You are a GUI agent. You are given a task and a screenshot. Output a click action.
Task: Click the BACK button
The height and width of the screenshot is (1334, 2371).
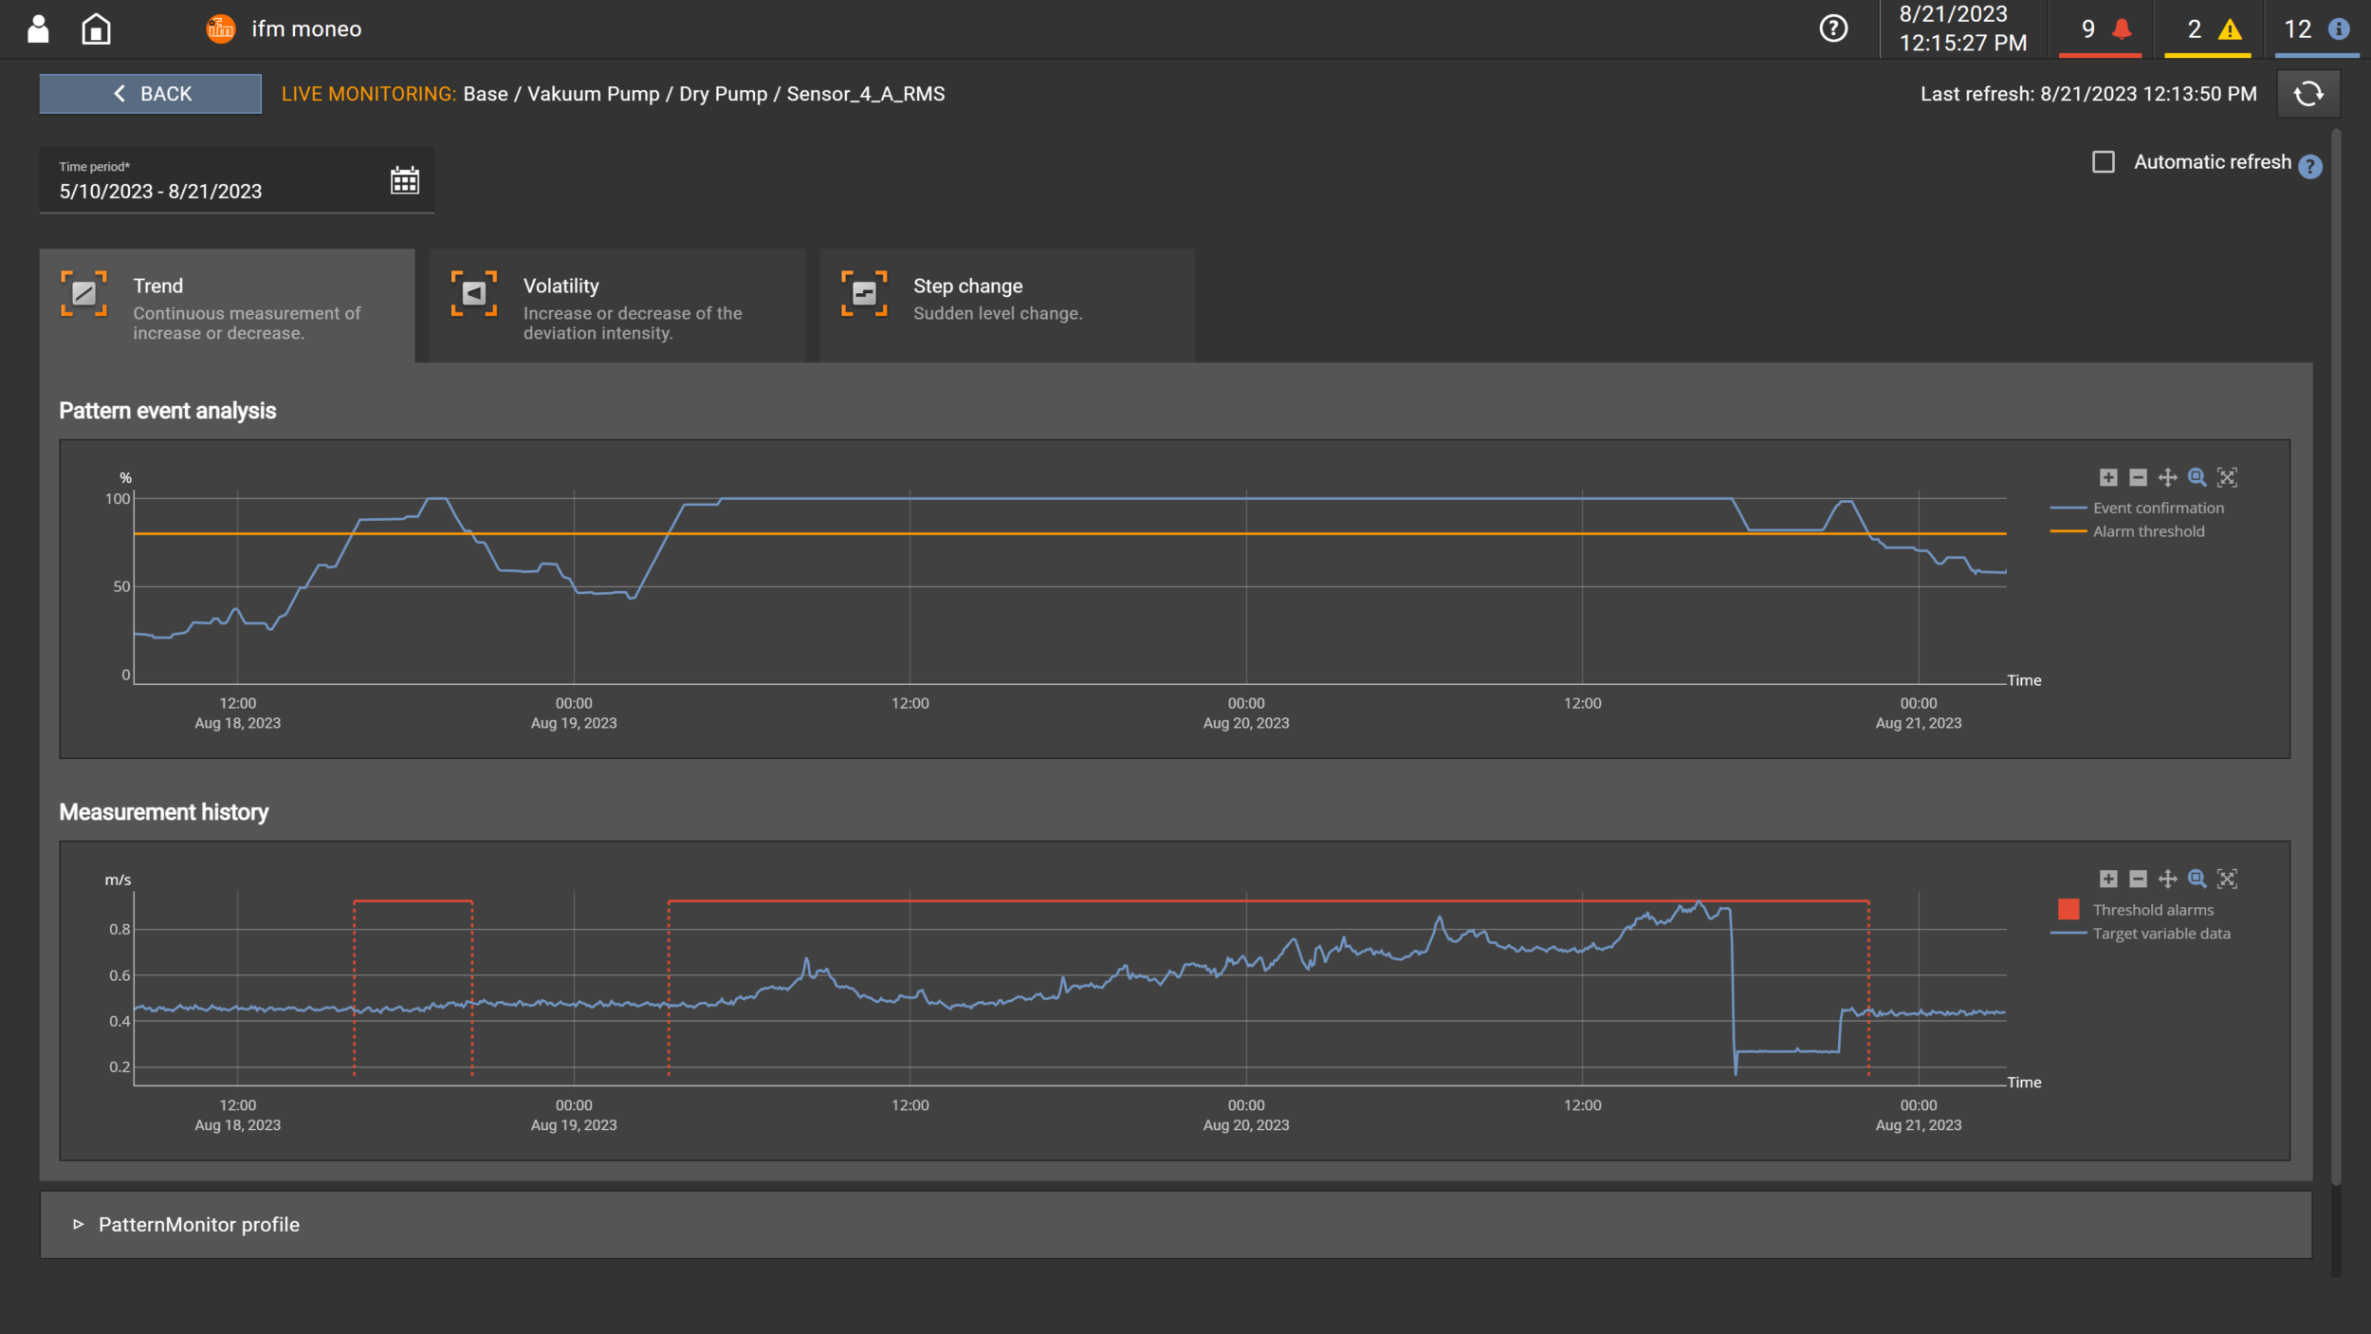(150, 94)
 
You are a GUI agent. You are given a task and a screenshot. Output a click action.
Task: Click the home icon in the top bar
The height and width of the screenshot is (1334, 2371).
(96, 29)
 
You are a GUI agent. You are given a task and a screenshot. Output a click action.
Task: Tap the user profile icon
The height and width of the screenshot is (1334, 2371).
(38, 29)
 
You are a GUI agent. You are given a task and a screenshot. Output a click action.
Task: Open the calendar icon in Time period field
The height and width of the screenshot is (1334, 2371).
(405, 180)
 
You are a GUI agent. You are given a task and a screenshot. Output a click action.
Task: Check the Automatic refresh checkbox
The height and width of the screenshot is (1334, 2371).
(2103, 162)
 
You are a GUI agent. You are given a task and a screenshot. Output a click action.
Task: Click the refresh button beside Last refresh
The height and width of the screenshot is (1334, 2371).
(2307, 94)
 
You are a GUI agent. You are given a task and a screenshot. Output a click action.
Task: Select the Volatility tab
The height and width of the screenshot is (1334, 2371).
(616, 306)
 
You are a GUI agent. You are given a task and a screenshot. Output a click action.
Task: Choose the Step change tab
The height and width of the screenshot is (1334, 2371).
(1005, 306)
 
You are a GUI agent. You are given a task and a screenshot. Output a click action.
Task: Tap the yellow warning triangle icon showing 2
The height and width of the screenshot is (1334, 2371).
(2230, 29)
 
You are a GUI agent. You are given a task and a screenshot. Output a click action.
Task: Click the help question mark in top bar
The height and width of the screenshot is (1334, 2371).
(1833, 29)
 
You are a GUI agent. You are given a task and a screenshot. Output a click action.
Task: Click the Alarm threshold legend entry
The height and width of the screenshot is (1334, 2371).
(2148, 531)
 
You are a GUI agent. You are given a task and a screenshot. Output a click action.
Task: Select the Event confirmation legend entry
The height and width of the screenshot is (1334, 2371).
(2158, 508)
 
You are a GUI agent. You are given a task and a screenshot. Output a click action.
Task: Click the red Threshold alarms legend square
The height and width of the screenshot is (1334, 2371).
(2068, 909)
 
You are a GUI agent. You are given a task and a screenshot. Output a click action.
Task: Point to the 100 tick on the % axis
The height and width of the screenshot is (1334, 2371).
(118, 499)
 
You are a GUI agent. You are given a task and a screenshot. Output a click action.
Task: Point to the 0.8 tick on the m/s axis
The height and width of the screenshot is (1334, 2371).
(119, 929)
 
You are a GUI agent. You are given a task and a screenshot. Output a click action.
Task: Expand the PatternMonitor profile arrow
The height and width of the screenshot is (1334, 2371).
(79, 1224)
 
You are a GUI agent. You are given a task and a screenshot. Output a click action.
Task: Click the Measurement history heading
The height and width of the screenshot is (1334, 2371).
(164, 812)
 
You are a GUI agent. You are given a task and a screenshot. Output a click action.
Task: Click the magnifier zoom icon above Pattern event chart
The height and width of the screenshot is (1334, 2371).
(2196, 477)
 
